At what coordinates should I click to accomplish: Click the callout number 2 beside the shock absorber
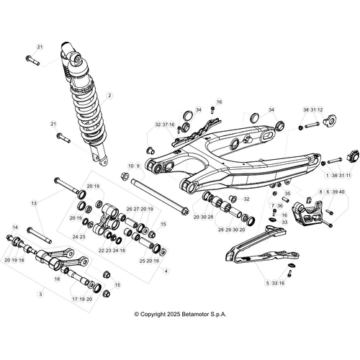coord(110,95)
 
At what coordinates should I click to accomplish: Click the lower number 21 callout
coord(53,125)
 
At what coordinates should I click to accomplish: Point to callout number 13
coord(33,204)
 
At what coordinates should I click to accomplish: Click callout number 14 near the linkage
coord(15,228)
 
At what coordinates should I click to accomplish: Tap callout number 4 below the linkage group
coord(166,271)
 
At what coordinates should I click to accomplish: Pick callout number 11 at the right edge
coord(348,175)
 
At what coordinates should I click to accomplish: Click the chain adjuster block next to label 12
coord(332,119)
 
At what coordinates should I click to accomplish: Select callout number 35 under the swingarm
coord(287,194)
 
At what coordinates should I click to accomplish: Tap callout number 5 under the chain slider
coord(267,284)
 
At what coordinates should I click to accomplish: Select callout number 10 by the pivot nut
coord(130,166)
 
